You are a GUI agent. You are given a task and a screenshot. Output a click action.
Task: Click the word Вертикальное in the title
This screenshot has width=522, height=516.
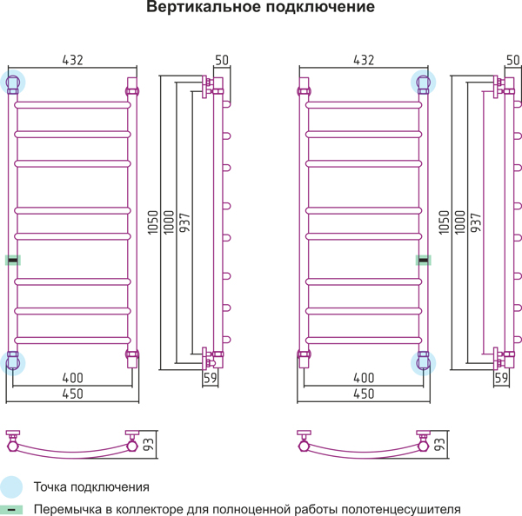pyautogui.click(x=204, y=7)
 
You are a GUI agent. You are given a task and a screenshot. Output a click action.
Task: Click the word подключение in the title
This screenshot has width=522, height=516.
pyautogui.click(x=320, y=7)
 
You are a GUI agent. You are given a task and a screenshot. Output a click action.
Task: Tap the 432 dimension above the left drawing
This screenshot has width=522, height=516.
pyautogui.click(x=72, y=60)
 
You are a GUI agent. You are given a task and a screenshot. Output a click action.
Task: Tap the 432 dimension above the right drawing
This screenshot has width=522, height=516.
pyautogui.click(x=364, y=60)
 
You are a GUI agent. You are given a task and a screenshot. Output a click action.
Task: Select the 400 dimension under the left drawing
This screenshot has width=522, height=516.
pyautogui.click(x=72, y=378)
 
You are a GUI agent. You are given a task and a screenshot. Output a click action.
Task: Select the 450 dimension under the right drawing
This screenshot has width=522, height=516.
pyautogui.click(x=364, y=394)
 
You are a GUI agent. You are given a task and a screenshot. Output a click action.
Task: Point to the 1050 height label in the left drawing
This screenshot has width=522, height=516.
pyautogui.click(x=153, y=222)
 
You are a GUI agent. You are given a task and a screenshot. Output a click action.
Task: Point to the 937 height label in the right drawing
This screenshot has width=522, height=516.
pyautogui.click(x=476, y=222)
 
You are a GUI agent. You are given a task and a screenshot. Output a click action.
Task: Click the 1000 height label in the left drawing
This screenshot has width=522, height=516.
pyautogui.click(x=169, y=222)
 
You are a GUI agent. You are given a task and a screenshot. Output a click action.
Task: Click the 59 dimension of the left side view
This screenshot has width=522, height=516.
pyautogui.click(x=210, y=378)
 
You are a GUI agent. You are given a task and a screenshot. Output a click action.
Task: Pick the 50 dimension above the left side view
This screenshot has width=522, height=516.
pyautogui.click(x=222, y=60)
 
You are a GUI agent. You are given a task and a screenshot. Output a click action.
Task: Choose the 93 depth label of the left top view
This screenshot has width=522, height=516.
pyautogui.click(x=148, y=445)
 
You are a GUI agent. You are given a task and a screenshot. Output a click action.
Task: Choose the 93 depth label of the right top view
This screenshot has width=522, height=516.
pyautogui.click(x=439, y=445)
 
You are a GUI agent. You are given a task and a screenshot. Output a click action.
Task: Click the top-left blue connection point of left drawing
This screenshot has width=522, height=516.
pyautogui.click(x=13, y=83)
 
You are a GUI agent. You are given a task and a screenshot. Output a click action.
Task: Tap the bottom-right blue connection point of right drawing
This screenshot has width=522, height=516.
pyautogui.click(x=423, y=363)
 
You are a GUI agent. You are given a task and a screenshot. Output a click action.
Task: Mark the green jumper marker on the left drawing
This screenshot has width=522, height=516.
pyautogui.click(x=13, y=261)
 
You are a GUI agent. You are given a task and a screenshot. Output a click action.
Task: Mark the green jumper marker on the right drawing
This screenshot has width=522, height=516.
pyautogui.click(x=424, y=261)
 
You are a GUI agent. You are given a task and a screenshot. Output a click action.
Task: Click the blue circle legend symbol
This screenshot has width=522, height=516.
pyautogui.click(x=11, y=487)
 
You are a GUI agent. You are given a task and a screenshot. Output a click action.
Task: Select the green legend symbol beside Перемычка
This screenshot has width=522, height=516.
pyautogui.click(x=11, y=510)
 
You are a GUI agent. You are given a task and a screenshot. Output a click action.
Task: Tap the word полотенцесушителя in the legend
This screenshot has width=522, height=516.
pyautogui.click(x=401, y=510)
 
